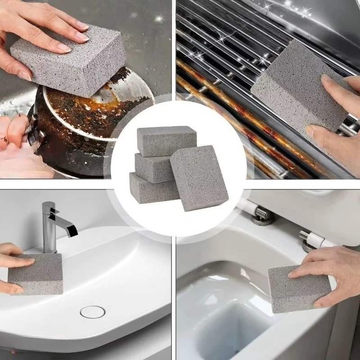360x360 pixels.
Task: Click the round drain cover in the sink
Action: point(93,311)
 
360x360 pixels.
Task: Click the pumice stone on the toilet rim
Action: point(297,288)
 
